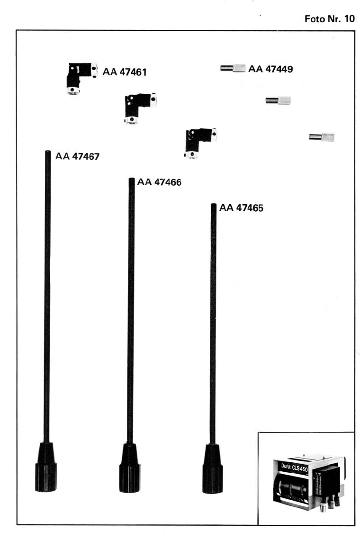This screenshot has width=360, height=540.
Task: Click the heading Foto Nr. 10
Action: click(330, 18)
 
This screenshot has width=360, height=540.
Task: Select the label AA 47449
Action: click(270, 69)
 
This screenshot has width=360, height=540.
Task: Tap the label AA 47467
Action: click(78, 156)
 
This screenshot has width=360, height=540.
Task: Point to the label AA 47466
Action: click(159, 182)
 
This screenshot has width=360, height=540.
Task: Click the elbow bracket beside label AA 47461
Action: click(81, 77)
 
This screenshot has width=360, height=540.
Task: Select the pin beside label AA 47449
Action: click(232, 68)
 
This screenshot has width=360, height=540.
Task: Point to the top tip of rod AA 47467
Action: click(47, 153)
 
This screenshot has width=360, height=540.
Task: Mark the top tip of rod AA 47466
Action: click(132, 180)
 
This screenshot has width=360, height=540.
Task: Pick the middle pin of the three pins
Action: click(278, 100)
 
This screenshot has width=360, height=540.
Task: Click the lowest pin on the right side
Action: click(321, 137)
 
